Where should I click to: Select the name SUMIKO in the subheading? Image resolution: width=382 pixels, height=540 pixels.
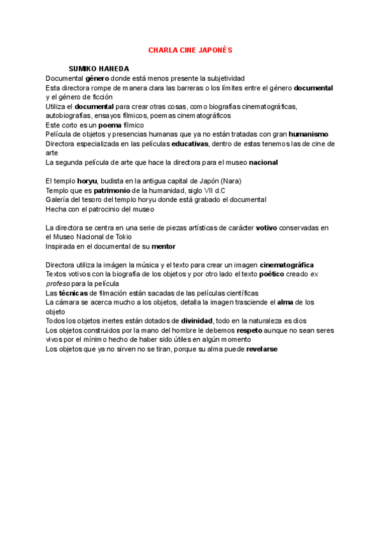click(83, 69)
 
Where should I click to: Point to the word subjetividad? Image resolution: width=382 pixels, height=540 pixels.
click(222, 78)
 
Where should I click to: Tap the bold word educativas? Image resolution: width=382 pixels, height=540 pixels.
click(190, 144)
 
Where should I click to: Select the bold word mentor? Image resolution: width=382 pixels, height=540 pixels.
click(163, 246)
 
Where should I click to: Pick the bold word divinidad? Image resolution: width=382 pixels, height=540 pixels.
click(197, 320)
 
